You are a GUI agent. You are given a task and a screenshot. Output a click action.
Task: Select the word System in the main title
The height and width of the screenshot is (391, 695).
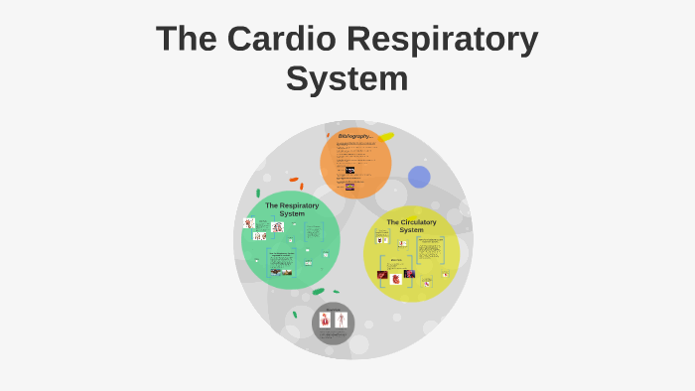(347, 78)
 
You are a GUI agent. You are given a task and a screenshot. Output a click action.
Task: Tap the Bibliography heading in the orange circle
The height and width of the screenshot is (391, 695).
(354, 136)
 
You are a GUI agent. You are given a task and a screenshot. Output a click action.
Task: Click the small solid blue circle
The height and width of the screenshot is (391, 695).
(419, 177)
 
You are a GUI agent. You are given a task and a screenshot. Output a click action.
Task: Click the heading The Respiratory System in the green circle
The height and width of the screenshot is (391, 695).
(292, 209)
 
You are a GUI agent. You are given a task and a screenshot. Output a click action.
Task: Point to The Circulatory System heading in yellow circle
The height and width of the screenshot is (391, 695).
(411, 225)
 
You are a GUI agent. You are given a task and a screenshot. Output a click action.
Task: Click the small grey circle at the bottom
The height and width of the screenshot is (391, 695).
(333, 324)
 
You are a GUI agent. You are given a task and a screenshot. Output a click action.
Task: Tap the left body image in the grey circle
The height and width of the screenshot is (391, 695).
(325, 320)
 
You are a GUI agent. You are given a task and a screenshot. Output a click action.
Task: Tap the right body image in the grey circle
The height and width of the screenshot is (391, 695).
(341, 320)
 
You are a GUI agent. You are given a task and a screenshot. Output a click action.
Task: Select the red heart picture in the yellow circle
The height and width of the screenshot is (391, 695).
(396, 279)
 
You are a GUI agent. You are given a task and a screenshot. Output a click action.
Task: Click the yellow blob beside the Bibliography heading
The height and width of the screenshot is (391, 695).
(385, 136)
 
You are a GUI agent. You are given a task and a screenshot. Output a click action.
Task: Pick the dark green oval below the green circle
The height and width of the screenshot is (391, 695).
(318, 292)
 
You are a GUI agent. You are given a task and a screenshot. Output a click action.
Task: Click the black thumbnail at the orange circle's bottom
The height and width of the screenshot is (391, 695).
(349, 187)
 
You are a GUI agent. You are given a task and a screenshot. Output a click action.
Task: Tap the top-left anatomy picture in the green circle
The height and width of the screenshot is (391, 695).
(249, 223)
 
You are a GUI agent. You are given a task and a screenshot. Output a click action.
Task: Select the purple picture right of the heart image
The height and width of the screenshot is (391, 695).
(409, 274)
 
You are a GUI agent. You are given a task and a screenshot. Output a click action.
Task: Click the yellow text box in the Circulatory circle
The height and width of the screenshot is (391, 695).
(430, 248)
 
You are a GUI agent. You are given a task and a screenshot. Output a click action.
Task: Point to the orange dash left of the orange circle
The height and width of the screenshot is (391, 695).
(294, 180)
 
